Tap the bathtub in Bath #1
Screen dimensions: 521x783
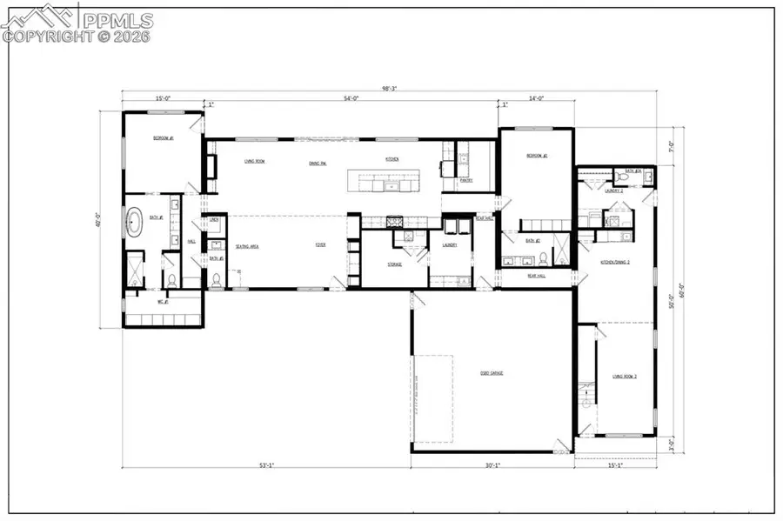(x=135, y=222)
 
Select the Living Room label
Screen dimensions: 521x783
(x=254, y=161)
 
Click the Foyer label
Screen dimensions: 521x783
(x=320, y=246)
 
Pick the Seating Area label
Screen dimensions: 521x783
(x=247, y=246)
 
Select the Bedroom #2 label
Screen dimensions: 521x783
(x=536, y=157)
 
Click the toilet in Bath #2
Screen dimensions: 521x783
(x=544, y=257)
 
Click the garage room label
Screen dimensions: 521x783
(x=492, y=373)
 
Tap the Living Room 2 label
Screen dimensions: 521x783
(x=625, y=377)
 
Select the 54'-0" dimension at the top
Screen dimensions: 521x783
(x=351, y=99)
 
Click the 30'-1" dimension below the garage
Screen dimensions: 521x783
(x=492, y=466)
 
